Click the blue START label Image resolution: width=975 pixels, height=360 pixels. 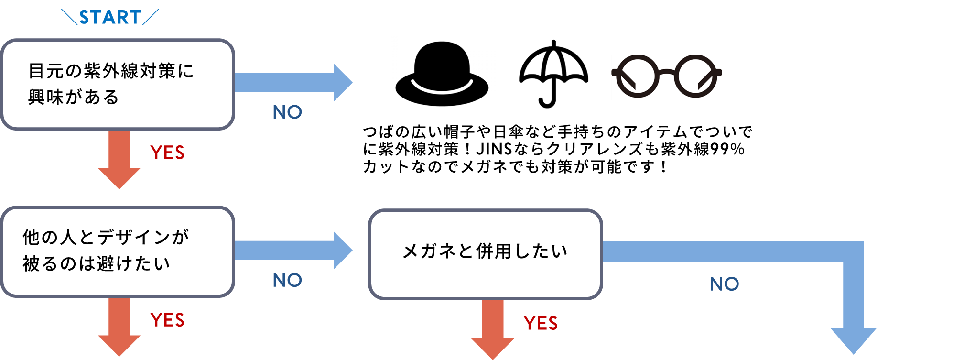click(110, 18)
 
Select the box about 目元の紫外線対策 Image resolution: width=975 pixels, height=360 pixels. click(118, 84)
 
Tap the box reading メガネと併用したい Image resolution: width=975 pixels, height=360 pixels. click(485, 253)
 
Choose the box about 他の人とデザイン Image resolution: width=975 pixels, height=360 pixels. click(118, 251)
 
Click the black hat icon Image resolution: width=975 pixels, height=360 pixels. click(443, 74)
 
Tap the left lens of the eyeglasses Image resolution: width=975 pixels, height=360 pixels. click(638, 76)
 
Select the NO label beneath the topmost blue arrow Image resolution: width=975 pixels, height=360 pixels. click(287, 112)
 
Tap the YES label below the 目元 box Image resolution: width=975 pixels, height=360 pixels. click(167, 153)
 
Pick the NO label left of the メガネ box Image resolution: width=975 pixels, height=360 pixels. click(287, 280)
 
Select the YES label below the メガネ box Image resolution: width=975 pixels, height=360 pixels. click(541, 324)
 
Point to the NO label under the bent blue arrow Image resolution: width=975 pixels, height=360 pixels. click(725, 284)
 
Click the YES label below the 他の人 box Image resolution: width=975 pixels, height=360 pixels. click(167, 320)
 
